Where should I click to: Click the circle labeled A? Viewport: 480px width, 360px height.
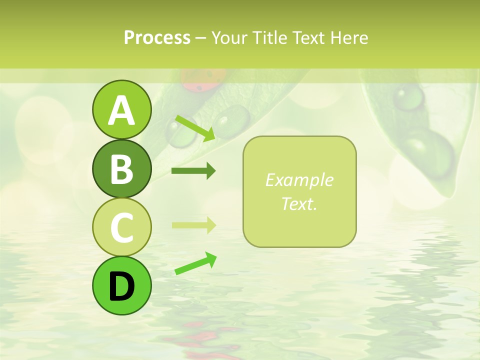click(121, 109)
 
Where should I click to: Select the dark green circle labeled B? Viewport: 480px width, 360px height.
click(121, 168)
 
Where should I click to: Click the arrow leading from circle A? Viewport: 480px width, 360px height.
click(195, 127)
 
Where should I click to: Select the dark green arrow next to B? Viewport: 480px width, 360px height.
click(193, 171)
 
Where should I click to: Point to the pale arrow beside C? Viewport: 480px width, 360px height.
click(193, 225)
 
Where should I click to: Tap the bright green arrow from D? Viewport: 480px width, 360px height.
click(195, 263)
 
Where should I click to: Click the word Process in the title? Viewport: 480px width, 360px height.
click(157, 38)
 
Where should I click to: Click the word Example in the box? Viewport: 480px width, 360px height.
click(299, 180)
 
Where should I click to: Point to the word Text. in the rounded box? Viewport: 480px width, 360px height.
click(299, 203)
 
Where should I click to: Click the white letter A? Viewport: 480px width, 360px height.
click(121, 110)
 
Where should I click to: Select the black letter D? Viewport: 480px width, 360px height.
click(121, 286)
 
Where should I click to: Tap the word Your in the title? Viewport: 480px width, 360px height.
click(229, 38)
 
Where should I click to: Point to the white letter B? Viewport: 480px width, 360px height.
click(121, 169)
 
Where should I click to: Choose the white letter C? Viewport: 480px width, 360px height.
click(121, 227)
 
